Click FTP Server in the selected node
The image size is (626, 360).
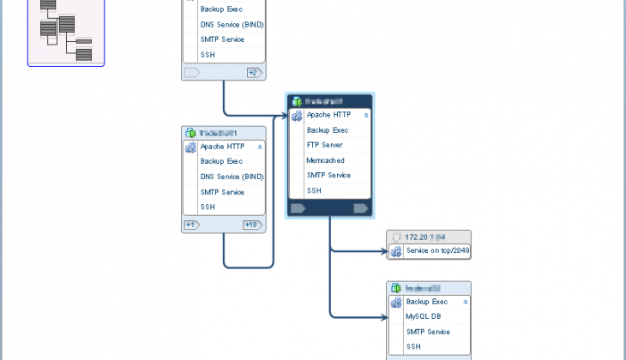(x=325, y=145)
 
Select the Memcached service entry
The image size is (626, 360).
(x=325, y=160)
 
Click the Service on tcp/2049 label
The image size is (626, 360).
(x=437, y=251)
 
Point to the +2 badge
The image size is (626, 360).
(x=253, y=73)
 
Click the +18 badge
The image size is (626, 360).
(x=251, y=225)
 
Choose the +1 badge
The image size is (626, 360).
(x=191, y=225)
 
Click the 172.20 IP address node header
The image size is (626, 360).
(x=428, y=236)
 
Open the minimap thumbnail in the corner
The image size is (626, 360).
(x=66, y=33)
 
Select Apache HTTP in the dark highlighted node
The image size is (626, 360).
(x=329, y=114)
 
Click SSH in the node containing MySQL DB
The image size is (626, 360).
(x=413, y=347)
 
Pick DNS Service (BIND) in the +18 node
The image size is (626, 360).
(x=232, y=177)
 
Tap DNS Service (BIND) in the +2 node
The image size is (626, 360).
(x=232, y=24)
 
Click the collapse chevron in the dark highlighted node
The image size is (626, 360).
(x=366, y=115)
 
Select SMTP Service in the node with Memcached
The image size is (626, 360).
(x=328, y=175)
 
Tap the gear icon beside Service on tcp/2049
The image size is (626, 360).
(x=395, y=251)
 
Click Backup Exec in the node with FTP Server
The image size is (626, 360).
(x=327, y=129)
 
